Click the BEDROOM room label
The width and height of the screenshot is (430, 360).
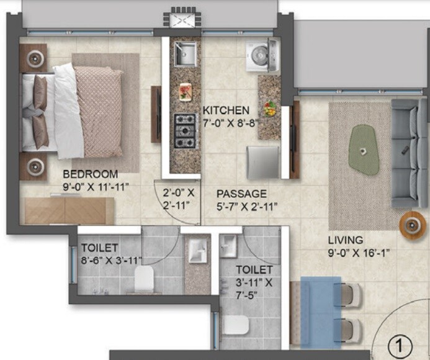(90, 173)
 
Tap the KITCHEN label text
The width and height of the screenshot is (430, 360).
(226, 110)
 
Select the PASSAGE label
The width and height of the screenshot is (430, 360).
(241, 194)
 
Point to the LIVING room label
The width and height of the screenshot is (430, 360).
(346, 240)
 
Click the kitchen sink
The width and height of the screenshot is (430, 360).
(185, 55)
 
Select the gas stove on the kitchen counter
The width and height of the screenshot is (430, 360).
(185, 132)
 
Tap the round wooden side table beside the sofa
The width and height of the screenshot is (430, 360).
(413, 225)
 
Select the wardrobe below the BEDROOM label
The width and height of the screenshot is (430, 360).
(69, 210)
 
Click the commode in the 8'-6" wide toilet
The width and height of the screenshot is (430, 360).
(144, 281)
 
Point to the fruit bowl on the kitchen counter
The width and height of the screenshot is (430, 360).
(269, 108)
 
